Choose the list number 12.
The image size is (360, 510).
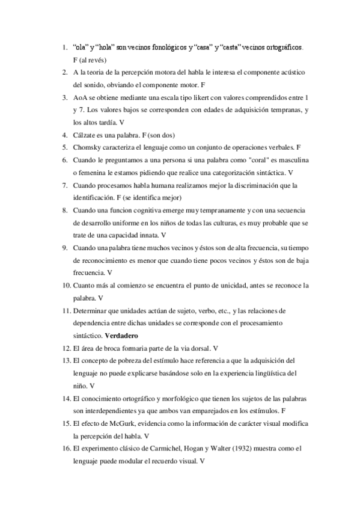[x=66, y=348]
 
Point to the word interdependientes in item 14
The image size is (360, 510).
[x=108, y=410]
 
